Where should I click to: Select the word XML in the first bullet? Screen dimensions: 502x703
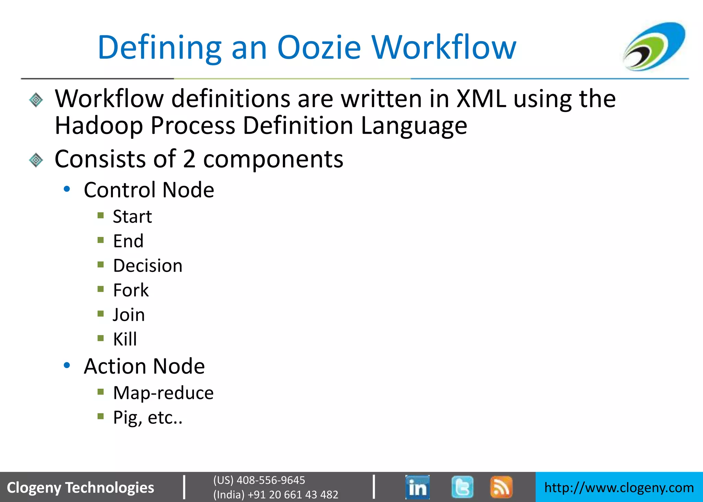(481, 99)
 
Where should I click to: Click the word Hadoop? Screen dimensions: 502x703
(99, 126)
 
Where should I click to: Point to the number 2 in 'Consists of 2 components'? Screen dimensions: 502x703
(189, 159)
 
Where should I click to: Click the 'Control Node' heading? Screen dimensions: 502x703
(149, 190)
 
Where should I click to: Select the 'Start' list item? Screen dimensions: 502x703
(132, 217)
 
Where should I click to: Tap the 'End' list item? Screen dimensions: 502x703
(128, 241)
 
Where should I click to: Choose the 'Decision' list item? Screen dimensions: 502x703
(148, 266)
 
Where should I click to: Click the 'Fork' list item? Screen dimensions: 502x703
(131, 290)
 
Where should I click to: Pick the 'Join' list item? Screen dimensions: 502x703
(129, 315)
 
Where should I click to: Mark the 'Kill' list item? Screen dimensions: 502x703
(125, 339)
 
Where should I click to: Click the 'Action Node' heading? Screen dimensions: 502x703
(144, 366)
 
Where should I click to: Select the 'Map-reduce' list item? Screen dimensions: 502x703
(163, 393)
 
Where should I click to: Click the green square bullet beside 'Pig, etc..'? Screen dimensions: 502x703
(101, 417)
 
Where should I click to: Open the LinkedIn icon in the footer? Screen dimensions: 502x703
(417, 487)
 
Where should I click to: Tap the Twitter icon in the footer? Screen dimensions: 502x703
(462, 487)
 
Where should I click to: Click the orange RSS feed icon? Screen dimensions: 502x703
(501, 487)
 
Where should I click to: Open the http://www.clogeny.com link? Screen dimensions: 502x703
(619, 488)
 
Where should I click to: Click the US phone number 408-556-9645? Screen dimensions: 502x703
(270, 480)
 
